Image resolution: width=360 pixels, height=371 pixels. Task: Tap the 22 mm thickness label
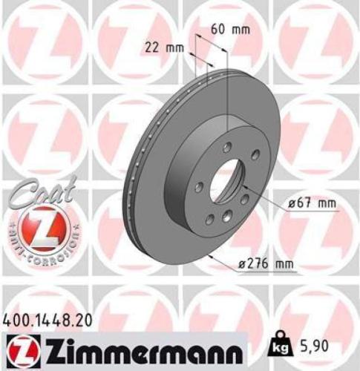pyautogui.click(x=163, y=48)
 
